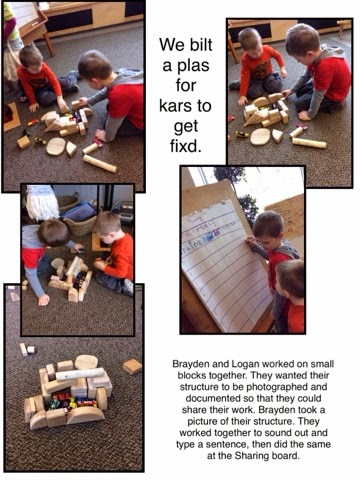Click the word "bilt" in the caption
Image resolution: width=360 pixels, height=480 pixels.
pyautogui.click(x=199, y=44)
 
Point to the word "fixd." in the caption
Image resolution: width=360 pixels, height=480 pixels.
pyautogui.click(x=186, y=146)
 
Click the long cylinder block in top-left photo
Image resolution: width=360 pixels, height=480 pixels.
pyautogui.click(x=100, y=164)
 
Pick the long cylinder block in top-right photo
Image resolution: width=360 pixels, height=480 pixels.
pyautogui.click(x=309, y=143)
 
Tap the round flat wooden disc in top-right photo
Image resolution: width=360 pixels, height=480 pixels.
pyautogui.click(x=260, y=137)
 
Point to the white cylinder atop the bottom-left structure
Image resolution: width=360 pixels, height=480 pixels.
pyautogui.click(x=80, y=374)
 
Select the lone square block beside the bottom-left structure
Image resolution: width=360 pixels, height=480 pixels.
pyautogui.click(x=132, y=366)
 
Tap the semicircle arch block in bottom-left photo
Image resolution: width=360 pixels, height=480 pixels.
pyautogui.click(x=85, y=415)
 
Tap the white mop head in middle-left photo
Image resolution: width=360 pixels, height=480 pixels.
pyautogui.click(x=42, y=203)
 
